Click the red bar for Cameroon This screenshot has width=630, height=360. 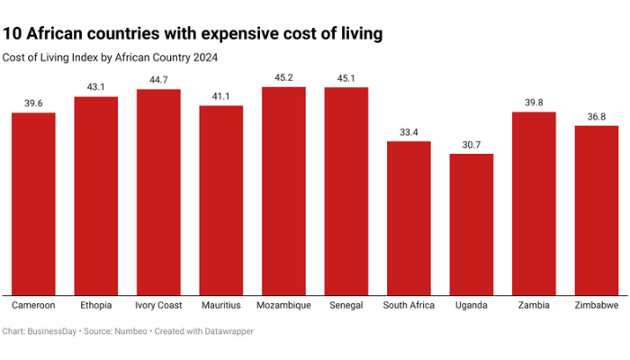33,202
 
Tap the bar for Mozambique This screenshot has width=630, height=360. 283,190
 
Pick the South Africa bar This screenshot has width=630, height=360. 409,217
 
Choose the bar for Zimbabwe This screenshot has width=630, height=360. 596,210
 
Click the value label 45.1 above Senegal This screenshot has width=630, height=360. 346,77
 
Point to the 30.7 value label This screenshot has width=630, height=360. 472,144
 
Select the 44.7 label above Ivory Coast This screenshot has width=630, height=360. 158,79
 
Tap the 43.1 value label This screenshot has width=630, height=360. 95,86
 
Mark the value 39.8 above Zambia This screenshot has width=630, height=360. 534,102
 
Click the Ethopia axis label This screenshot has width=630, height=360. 95,305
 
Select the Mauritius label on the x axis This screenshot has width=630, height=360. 220,305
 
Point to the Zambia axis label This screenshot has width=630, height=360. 534,305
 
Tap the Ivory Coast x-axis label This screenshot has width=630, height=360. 158,305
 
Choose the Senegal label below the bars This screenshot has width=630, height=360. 346,305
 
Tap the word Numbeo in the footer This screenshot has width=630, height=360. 131,332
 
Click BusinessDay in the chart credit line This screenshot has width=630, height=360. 51,332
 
